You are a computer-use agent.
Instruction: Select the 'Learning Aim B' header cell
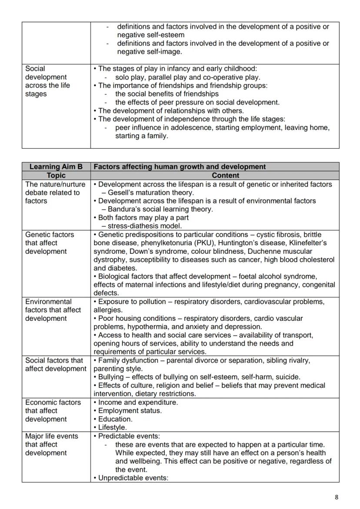(x=56, y=166)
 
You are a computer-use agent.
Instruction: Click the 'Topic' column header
(x=56, y=175)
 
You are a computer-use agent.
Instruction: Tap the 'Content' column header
(x=225, y=175)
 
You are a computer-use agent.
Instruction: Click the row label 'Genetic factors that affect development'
(x=50, y=243)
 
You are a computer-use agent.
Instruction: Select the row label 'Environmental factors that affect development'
(x=53, y=310)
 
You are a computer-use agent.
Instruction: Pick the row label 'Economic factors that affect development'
(x=53, y=411)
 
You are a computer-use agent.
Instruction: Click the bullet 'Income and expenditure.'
(x=138, y=403)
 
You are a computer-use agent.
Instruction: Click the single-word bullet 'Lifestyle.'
(x=113, y=427)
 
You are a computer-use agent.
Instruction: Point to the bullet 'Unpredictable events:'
(x=133, y=478)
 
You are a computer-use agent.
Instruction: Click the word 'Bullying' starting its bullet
(x=111, y=377)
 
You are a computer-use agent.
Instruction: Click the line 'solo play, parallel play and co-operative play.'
(x=188, y=77)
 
